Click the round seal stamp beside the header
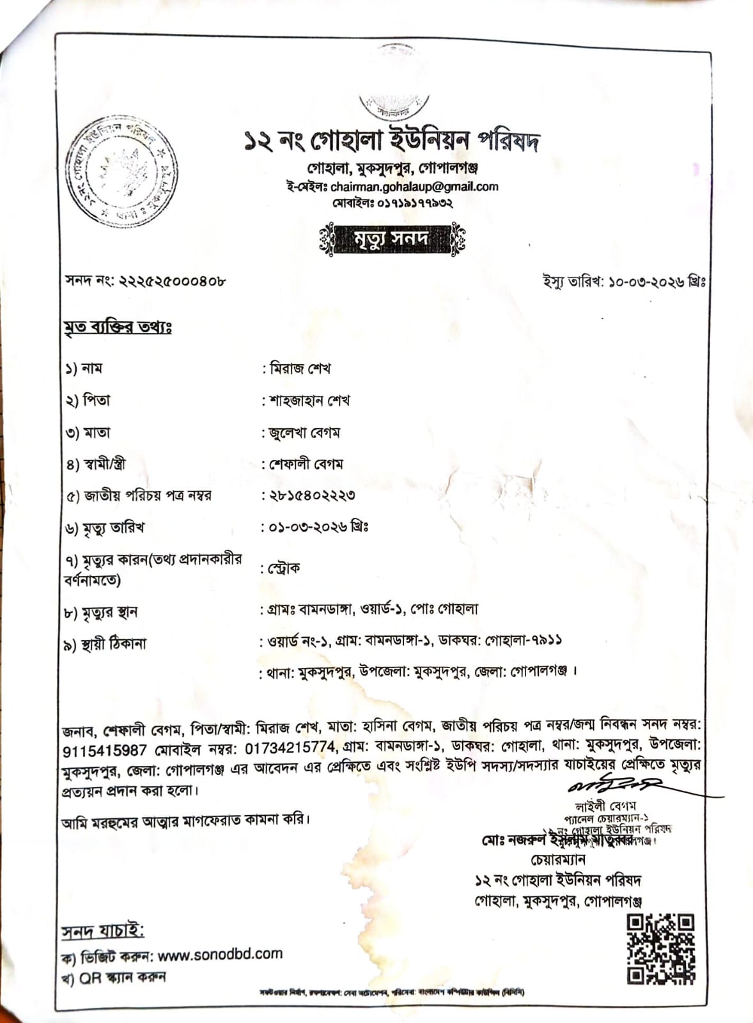[121, 171]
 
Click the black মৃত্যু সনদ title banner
[392, 238]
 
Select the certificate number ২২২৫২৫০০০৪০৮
[172, 280]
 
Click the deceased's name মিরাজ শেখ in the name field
[300, 369]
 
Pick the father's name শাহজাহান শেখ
[309, 401]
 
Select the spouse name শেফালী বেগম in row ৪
[306, 464]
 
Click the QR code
[660, 949]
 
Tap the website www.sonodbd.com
[220, 955]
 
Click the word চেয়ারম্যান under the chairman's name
[557, 859]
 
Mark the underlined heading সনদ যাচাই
[102, 932]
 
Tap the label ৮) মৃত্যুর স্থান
[101, 613]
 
